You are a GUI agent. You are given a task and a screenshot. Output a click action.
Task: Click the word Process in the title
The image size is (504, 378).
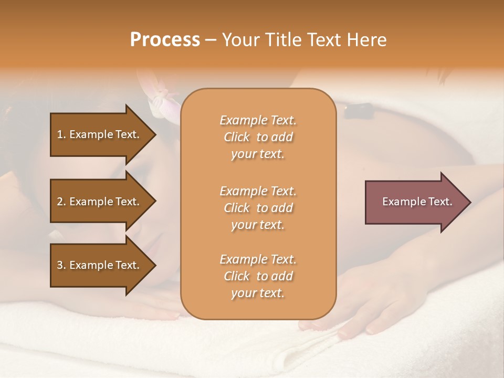point(165,40)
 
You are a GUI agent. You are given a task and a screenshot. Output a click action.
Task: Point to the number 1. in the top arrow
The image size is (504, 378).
point(61,134)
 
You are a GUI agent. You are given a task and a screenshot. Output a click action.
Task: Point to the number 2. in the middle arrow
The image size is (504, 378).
point(61,202)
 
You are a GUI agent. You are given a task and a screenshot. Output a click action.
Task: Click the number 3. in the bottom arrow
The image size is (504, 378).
point(61,265)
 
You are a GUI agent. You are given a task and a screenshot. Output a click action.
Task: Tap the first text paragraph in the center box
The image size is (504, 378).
point(258,137)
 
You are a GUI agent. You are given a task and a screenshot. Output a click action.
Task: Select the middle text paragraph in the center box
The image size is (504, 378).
point(258,207)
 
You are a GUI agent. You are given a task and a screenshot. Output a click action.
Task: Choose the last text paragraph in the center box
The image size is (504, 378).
point(258,276)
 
